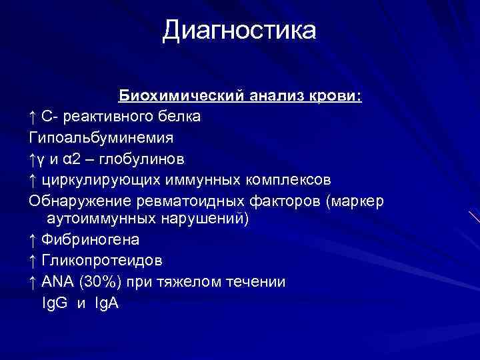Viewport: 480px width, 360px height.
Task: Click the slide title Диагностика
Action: coord(239,31)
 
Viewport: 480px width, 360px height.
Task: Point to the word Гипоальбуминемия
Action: coord(101,138)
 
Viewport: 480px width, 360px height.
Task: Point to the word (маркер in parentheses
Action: coord(353,201)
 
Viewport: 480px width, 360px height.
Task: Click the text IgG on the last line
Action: coord(54,303)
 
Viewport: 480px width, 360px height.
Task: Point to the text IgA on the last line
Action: coord(105,303)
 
